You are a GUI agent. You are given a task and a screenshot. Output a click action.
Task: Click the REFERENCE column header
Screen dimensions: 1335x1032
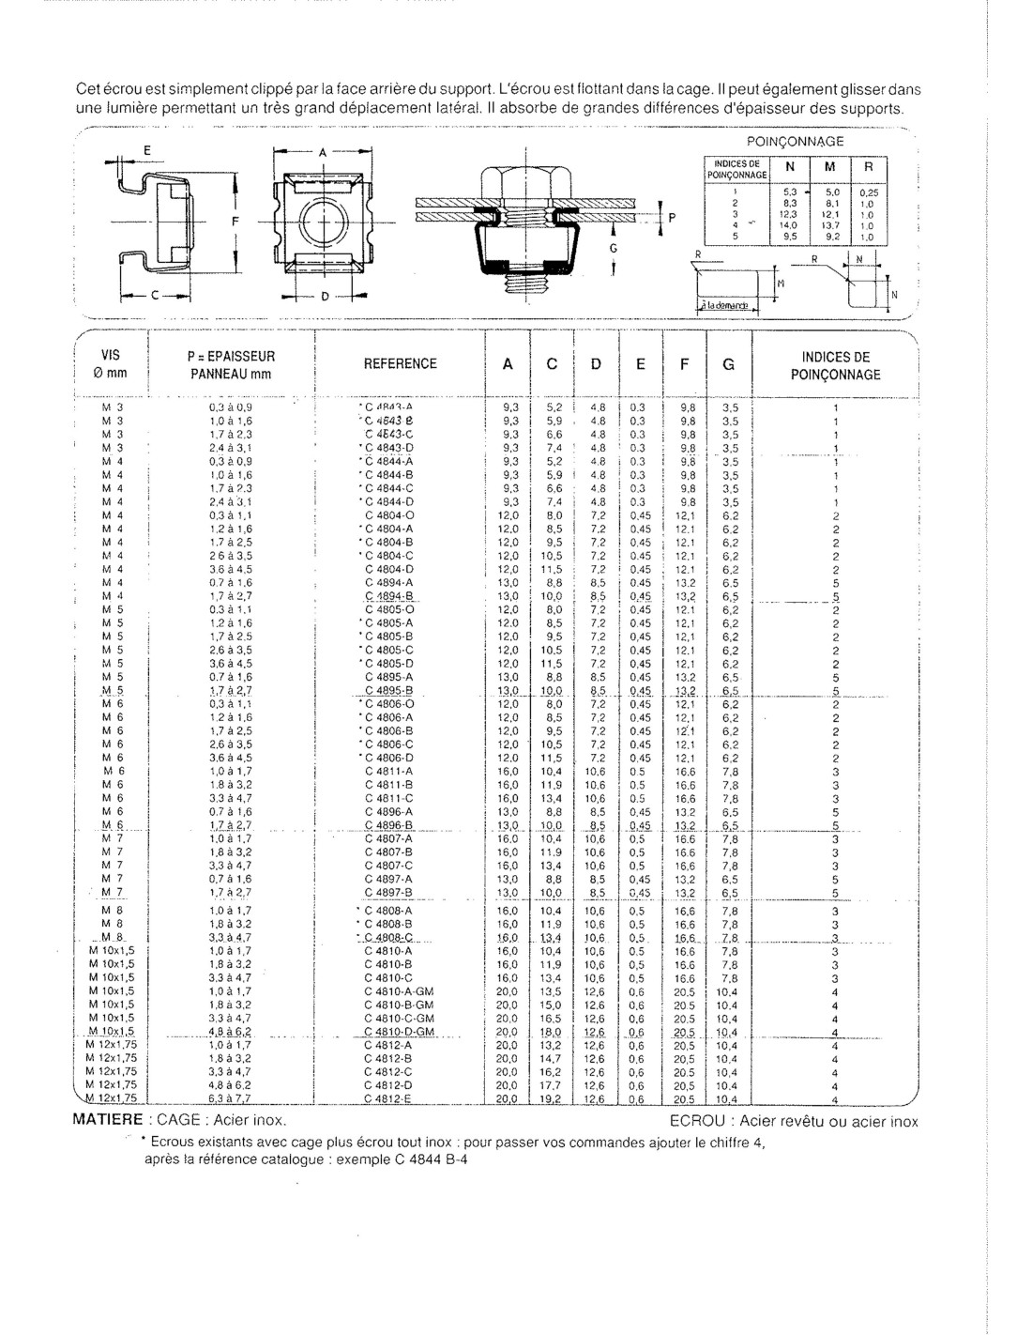[x=402, y=364]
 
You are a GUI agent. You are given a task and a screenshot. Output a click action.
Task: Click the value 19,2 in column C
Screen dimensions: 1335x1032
[x=553, y=1099]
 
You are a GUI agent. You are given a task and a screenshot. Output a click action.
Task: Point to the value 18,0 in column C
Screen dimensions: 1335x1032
[x=553, y=1033]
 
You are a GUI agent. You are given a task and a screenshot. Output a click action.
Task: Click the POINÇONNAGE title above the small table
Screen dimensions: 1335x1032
[x=795, y=141]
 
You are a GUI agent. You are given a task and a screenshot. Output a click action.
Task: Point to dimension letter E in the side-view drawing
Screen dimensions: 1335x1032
[x=145, y=151]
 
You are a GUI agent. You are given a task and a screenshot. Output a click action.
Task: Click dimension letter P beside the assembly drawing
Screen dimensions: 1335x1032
[x=671, y=216]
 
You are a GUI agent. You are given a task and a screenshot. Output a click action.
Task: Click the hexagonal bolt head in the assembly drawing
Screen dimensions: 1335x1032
[x=524, y=180]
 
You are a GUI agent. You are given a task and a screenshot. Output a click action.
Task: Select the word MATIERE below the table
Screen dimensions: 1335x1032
[x=108, y=1121]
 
